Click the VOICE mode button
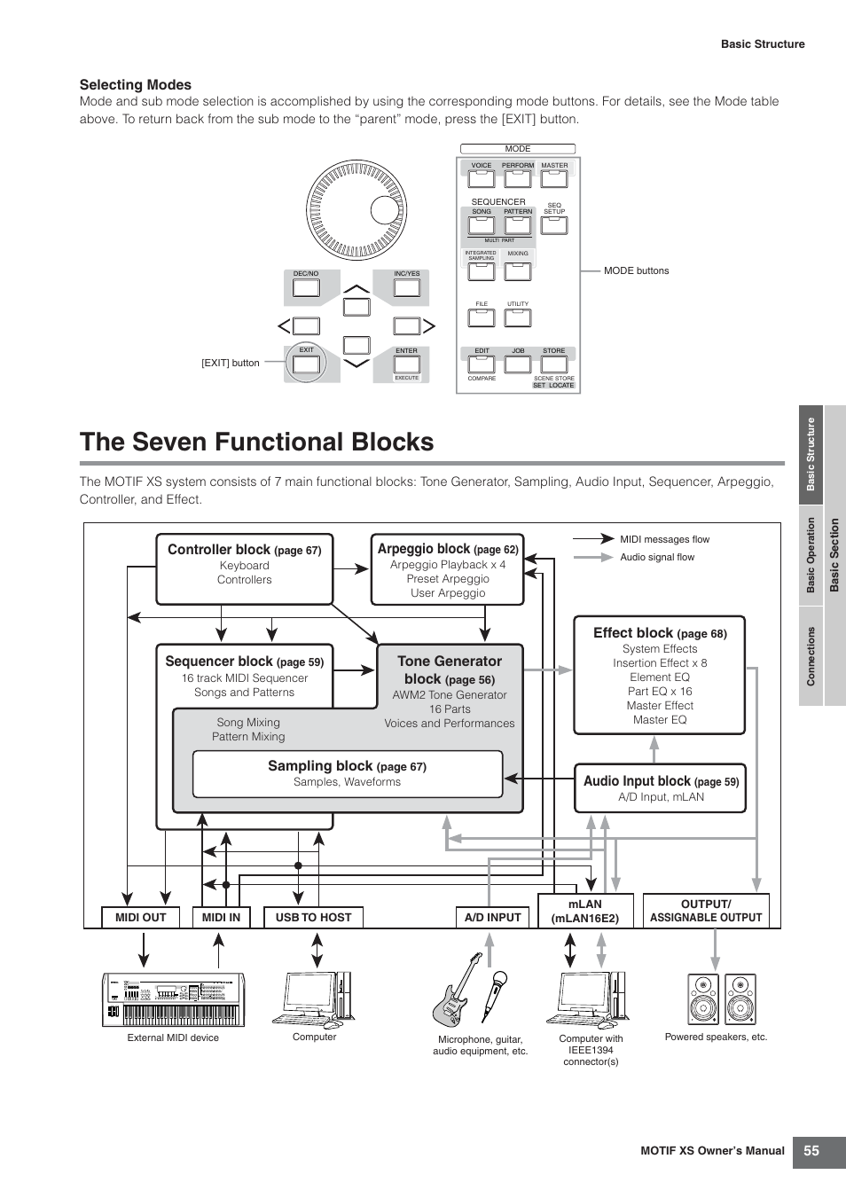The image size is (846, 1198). coord(482,178)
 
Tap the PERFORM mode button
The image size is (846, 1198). coord(518,178)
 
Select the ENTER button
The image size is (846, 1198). coord(407,364)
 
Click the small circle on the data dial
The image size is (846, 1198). coord(384,208)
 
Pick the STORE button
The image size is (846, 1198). coord(553,364)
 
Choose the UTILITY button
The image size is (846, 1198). coord(518,317)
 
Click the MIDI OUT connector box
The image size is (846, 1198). coord(140,918)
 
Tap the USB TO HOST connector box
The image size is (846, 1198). coord(313,918)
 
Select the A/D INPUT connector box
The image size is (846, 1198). coord(493,918)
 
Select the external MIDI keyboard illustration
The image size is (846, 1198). coord(173,999)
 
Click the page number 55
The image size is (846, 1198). coord(811,1151)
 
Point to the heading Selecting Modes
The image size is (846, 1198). coord(136,85)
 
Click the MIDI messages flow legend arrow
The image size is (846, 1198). coord(593,538)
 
